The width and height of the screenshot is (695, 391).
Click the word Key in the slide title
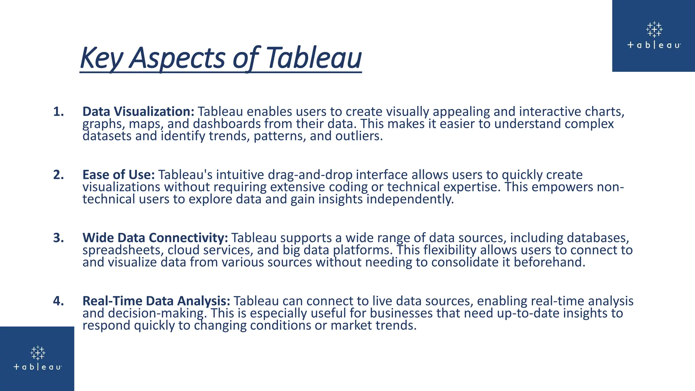[101, 58]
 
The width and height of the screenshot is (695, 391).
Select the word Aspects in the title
[177, 58]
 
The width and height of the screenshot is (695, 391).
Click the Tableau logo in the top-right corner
[654, 35]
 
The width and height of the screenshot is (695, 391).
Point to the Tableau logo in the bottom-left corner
[37, 358]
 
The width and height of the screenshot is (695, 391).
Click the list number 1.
[58, 112]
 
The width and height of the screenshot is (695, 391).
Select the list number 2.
[58, 175]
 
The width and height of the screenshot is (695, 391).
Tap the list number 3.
[58, 238]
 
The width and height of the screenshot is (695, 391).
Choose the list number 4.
[58, 301]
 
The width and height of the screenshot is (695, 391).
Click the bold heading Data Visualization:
[138, 112]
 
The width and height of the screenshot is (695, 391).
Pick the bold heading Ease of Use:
[118, 175]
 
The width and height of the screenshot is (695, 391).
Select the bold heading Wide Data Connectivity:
[155, 238]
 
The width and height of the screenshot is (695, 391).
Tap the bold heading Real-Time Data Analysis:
[156, 301]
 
